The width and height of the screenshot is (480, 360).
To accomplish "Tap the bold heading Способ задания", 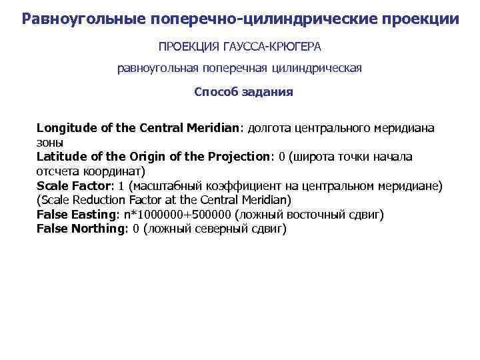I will point(243,92).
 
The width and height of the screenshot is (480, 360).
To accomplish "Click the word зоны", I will point(50,142).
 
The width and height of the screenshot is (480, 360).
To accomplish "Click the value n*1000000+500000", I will point(177,215).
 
